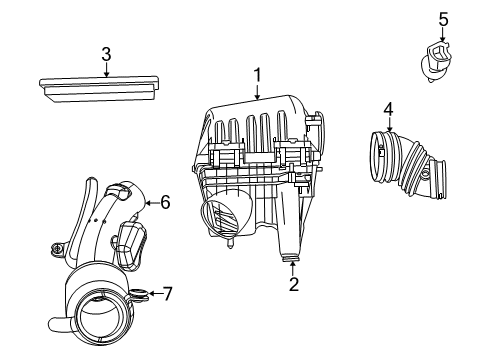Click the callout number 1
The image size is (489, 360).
[x=257, y=75]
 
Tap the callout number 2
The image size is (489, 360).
[x=294, y=284]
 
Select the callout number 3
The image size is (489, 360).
[x=106, y=54]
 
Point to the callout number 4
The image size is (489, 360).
[x=389, y=110]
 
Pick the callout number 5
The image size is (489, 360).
[x=443, y=19]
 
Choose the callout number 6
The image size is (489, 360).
[x=165, y=202]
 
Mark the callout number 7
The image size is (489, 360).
[x=167, y=294]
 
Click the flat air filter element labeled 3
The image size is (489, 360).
[x=99, y=89]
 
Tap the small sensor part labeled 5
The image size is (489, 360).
[x=436, y=62]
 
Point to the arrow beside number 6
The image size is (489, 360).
[x=152, y=202]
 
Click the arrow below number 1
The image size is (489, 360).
[x=257, y=92]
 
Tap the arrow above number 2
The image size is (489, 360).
[x=293, y=268]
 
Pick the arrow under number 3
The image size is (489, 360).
[x=106, y=70]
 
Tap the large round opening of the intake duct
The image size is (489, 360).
[x=100, y=317]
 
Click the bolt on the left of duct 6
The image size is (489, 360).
[x=57, y=249]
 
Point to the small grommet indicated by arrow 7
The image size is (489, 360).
[x=138, y=295]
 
